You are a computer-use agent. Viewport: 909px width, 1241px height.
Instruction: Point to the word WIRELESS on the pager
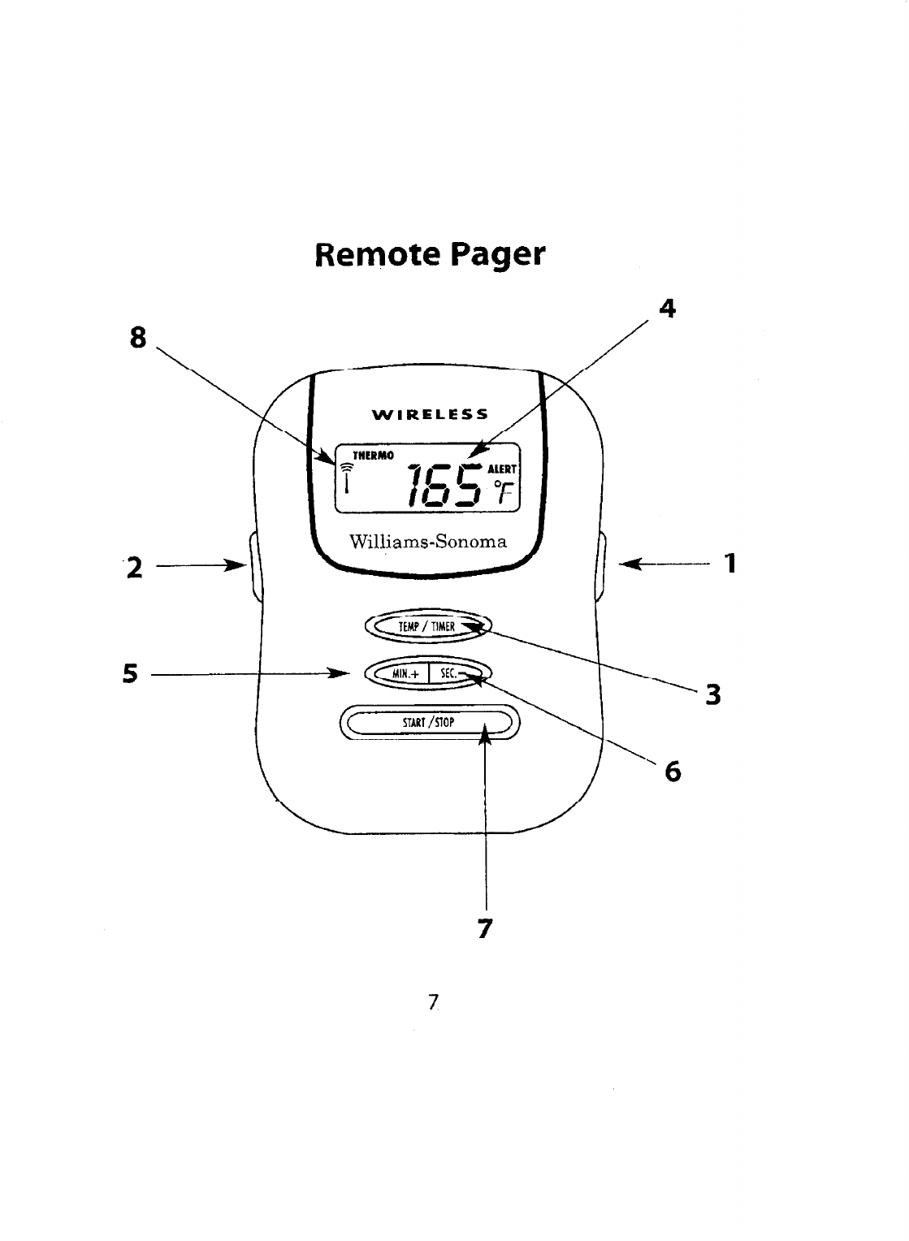(430, 414)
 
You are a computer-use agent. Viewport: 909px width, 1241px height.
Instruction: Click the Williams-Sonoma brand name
(427, 542)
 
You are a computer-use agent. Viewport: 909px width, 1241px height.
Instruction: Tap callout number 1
(730, 562)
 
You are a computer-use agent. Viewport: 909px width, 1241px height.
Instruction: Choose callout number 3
(712, 695)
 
